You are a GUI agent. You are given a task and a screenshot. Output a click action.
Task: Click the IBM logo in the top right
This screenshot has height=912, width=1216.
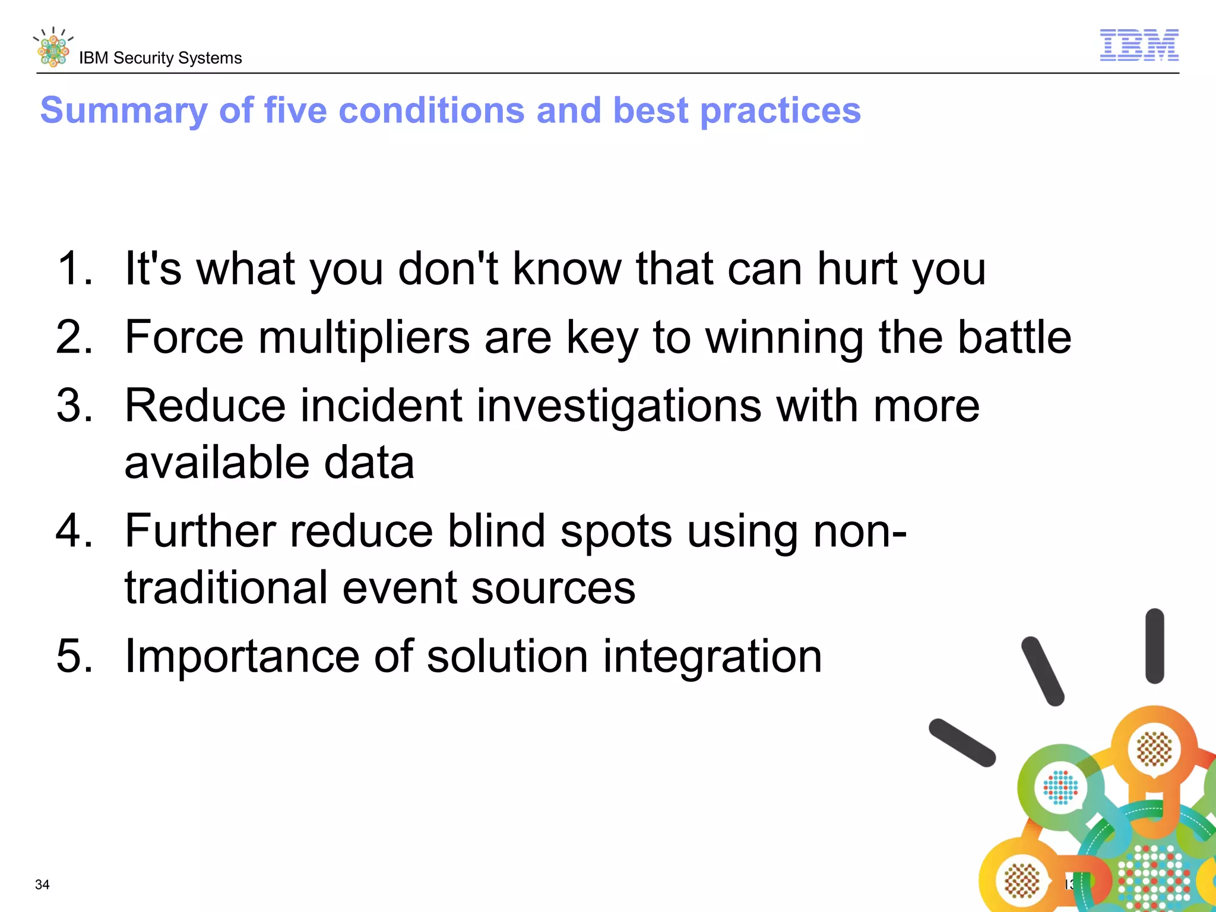pos(1139,45)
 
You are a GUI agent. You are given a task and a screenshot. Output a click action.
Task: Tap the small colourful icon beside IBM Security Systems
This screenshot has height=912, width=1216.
pos(53,48)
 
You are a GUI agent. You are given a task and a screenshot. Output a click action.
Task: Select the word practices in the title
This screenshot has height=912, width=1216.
pos(780,111)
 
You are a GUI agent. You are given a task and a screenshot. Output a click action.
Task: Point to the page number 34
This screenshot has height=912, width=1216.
pos(42,884)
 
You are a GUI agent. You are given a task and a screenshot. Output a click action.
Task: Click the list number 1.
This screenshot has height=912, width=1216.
pos(74,269)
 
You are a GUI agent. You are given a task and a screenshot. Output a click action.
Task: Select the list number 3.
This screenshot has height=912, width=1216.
pos(75,406)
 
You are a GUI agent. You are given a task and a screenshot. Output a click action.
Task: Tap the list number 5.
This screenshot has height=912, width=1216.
pos(75,656)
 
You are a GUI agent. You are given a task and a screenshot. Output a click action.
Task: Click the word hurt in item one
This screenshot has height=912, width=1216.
pos(856,269)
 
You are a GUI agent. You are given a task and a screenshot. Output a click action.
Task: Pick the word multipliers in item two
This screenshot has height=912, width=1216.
pos(364,337)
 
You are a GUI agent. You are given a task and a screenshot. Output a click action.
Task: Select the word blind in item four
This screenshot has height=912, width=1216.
pos(496,531)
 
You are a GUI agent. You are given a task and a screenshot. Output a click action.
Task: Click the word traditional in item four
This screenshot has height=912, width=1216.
pos(226,588)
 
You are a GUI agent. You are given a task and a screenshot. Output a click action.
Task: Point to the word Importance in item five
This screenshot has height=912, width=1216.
pos(242,656)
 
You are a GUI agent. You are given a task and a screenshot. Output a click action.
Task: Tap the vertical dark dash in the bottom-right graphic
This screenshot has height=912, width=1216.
pos(1154,645)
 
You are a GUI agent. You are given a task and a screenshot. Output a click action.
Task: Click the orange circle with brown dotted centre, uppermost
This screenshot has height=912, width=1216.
pos(1154,749)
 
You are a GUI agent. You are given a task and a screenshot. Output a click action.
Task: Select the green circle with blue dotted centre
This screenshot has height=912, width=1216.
pos(1060,788)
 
